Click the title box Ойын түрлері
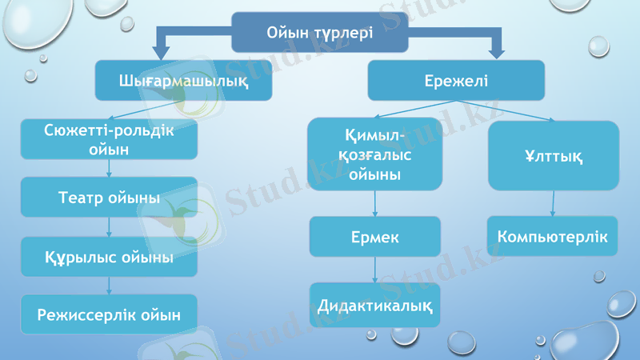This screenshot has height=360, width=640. click(x=320, y=33)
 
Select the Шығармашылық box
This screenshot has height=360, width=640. click(x=183, y=81)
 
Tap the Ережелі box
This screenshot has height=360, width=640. click(x=455, y=81)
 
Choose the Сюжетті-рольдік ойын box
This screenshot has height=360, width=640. click(x=109, y=139)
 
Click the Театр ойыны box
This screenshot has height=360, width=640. click(x=109, y=197)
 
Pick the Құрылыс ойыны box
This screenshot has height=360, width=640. click(x=109, y=257)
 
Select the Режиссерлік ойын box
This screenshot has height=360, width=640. click(x=109, y=314)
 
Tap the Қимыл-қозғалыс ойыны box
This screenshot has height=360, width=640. click(x=374, y=154)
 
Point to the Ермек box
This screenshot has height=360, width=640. click(x=374, y=237)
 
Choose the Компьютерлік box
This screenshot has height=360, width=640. click(x=553, y=237)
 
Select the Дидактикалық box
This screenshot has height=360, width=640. click(x=374, y=305)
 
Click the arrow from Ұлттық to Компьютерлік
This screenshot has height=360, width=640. click(x=553, y=203)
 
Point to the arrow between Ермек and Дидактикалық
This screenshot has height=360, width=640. click(x=374, y=270)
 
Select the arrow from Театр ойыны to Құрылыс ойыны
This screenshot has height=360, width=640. click(x=109, y=227)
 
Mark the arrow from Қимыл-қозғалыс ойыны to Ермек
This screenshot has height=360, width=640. click(x=374, y=203)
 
